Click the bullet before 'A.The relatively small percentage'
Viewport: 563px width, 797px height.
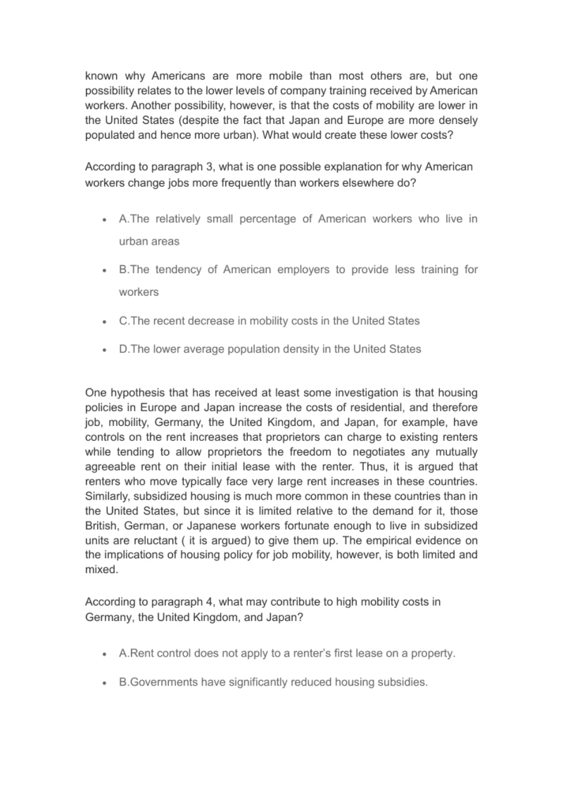[104, 219]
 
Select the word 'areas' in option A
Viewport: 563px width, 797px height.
[165, 242]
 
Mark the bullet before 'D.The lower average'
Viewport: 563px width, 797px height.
[104, 350]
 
